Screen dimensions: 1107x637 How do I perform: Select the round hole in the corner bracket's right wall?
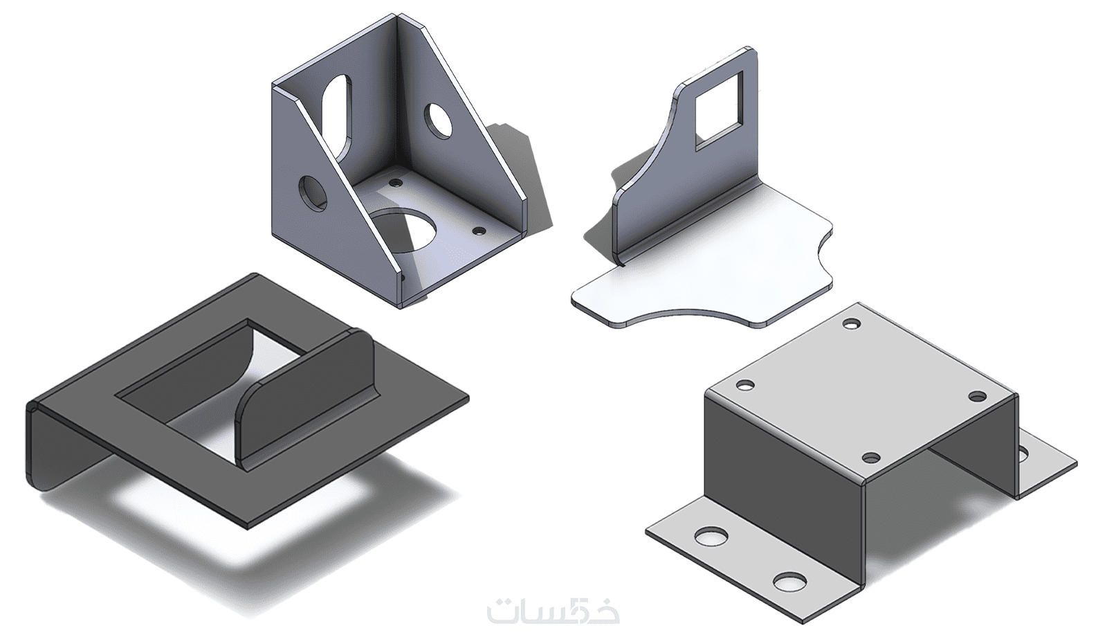click(x=439, y=120)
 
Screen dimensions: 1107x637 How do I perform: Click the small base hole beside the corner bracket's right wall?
click(x=478, y=231)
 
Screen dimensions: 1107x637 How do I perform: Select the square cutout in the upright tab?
click(x=719, y=109)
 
